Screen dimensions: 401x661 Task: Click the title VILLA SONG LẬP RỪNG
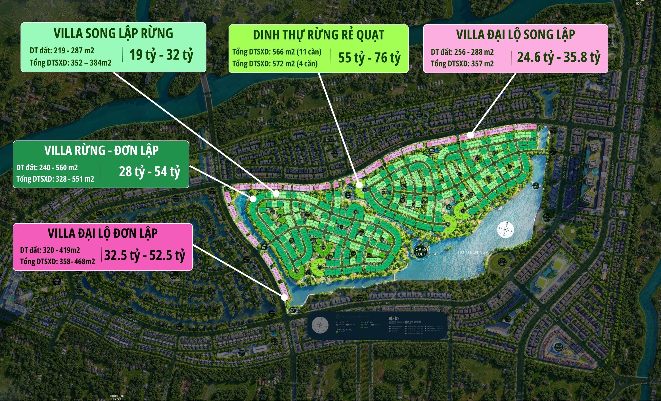tap(113, 33)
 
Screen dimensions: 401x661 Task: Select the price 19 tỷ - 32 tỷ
tap(161, 55)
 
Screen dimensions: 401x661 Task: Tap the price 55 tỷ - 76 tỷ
tap(369, 58)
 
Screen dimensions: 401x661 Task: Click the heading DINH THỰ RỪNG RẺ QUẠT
tap(318, 35)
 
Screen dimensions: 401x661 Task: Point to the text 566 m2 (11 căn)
tap(297, 52)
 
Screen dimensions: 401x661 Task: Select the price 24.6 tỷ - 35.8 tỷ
tap(558, 57)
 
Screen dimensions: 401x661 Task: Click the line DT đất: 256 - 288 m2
tap(462, 52)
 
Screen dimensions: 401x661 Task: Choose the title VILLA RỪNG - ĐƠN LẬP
tap(101, 150)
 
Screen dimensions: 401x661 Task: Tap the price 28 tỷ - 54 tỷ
tap(149, 172)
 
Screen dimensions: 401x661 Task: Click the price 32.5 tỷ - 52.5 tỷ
tap(145, 255)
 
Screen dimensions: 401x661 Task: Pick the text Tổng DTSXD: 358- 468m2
tap(57, 261)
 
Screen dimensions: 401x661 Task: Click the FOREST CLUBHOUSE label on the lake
tap(424, 252)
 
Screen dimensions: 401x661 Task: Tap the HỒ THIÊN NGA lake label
tap(473, 252)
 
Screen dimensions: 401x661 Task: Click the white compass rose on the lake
tap(505, 229)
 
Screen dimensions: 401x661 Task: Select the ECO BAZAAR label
tap(558, 347)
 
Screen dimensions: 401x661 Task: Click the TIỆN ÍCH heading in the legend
tap(394, 318)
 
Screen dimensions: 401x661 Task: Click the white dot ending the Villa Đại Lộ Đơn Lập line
tap(284, 298)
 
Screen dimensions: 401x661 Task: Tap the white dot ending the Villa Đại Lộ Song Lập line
tap(470, 135)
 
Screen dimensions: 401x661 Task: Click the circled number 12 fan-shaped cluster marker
tap(320, 267)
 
